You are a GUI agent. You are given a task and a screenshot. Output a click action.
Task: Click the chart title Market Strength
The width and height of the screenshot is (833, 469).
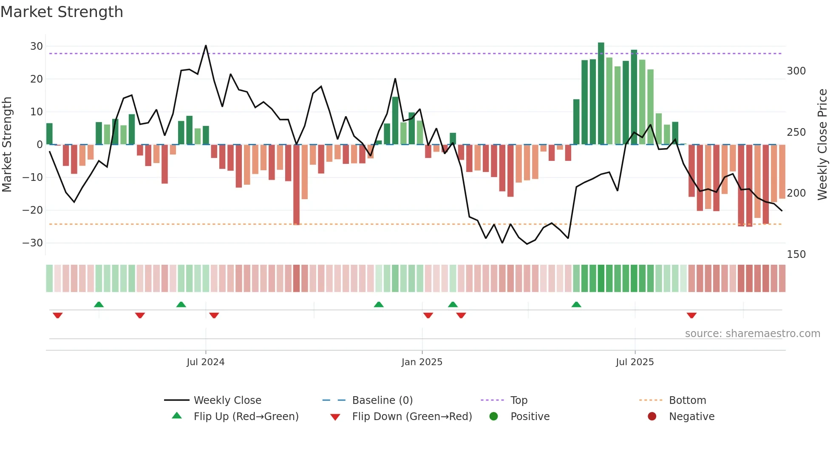pyautogui.click(x=62, y=12)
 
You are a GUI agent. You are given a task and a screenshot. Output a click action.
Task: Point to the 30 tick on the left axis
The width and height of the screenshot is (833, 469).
pyautogui.click(x=37, y=46)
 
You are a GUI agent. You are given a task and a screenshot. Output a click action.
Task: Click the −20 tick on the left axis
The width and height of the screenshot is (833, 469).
pyautogui.click(x=33, y=210)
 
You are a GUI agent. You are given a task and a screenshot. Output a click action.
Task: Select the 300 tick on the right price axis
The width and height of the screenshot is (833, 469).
pyautogui.click(x=796, y=71)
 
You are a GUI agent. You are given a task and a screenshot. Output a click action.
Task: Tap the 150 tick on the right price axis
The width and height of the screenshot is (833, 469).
pyautogui.click(x=796, y=255)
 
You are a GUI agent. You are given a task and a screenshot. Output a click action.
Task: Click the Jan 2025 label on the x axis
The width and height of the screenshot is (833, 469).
pyautogui.click(x=422, y=362)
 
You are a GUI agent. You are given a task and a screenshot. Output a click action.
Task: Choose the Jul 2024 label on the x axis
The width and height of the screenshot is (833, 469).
pyautogui.click(x=205, y=362)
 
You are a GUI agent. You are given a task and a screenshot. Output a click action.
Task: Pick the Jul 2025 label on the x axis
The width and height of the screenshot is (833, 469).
pyautogui.click(x=635, y=362)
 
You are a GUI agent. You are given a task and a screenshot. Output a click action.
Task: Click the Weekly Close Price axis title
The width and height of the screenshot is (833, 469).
pyautogui.click(x=822, y=145)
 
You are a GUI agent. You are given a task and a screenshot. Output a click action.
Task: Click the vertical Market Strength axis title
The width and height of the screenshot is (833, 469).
pyautogui.click(x=7, y=145)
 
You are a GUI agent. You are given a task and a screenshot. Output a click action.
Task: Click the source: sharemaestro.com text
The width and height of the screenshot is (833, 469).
pyautogui.click(x=752, y=334)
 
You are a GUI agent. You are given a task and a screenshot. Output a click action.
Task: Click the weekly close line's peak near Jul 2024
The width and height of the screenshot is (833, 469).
pyautogui.click(x=206, y=46)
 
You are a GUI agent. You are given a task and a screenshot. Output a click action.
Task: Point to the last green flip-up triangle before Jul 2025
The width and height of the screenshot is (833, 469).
pyautogui.click(x=576, y=305)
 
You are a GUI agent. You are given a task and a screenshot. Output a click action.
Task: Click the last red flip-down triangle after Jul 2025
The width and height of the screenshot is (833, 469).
pyautogui.click(x=691, y=315)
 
